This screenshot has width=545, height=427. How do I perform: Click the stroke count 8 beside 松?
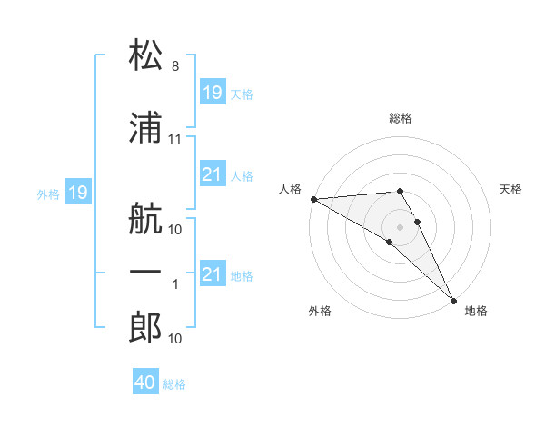(x=175, y=67)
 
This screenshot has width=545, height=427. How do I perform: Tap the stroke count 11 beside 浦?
(x=175, y=139)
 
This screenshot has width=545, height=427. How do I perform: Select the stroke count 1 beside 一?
(x=175, y=284)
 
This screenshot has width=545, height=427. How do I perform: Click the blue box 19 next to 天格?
(x=212, y=93)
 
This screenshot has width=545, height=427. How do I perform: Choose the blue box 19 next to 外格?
(x=77, y=193)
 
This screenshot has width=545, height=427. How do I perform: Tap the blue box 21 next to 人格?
(x=212, y=174)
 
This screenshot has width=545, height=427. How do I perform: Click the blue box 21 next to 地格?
(x=212, y=274)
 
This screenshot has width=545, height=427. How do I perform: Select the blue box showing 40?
(x=145, y=382)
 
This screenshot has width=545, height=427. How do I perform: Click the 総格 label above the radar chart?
(x=400, y=118)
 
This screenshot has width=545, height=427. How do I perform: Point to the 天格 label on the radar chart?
(x=511, y=189)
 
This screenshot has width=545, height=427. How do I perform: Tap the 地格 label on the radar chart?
(x=476, y=311)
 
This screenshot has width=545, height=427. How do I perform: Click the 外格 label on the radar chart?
(x=320, y=311)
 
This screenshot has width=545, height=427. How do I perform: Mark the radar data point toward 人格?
(x=313, y=199)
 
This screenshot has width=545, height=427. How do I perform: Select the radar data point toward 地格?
(x=453, y=300)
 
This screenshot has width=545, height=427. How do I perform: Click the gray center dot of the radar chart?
(x=400, y=226)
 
